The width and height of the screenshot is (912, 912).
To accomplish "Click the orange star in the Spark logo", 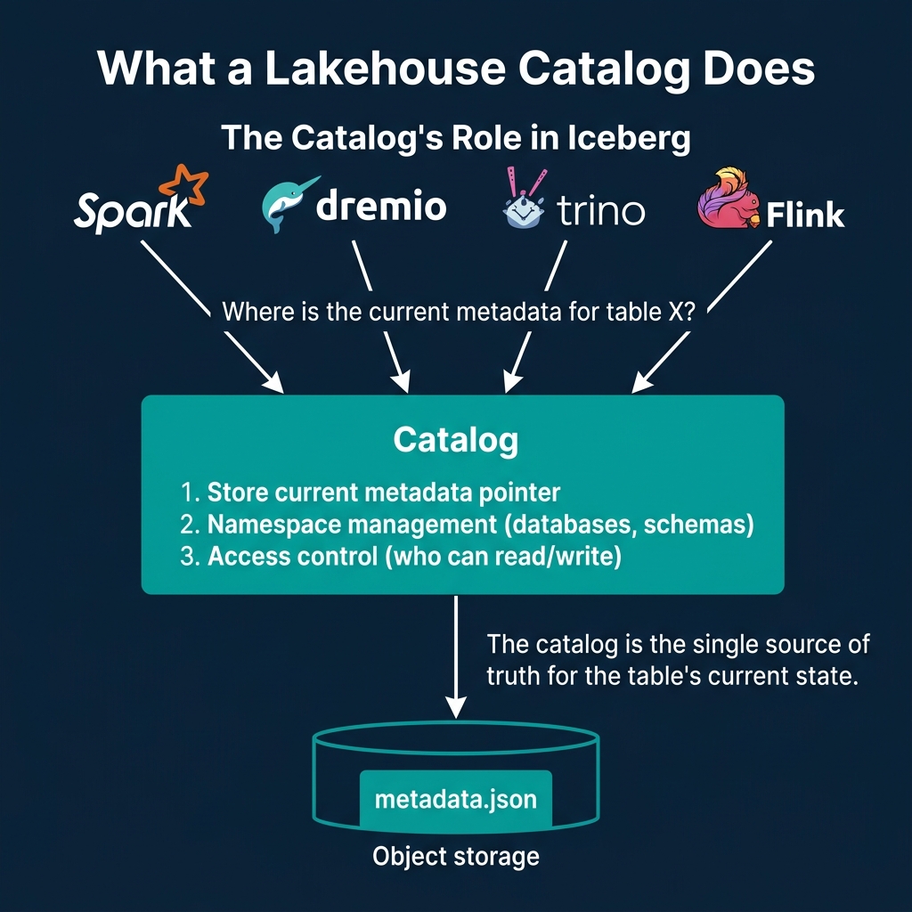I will pos(183,185).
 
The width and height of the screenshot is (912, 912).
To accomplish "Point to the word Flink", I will pos(805,215).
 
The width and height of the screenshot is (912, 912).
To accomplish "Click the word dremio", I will pos(381,206).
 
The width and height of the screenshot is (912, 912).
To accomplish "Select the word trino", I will pos(600,212).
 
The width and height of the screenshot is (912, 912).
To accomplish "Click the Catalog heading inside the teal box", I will pos(456,439).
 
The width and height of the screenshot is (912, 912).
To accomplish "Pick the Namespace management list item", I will pos(467,525).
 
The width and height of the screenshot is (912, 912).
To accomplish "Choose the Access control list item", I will pos(401,558).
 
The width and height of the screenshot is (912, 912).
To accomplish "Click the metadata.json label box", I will pos(456,798).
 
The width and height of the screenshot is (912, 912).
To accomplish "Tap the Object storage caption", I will pos(456,857).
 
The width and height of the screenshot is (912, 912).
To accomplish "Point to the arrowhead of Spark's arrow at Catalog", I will pos(273,383).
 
